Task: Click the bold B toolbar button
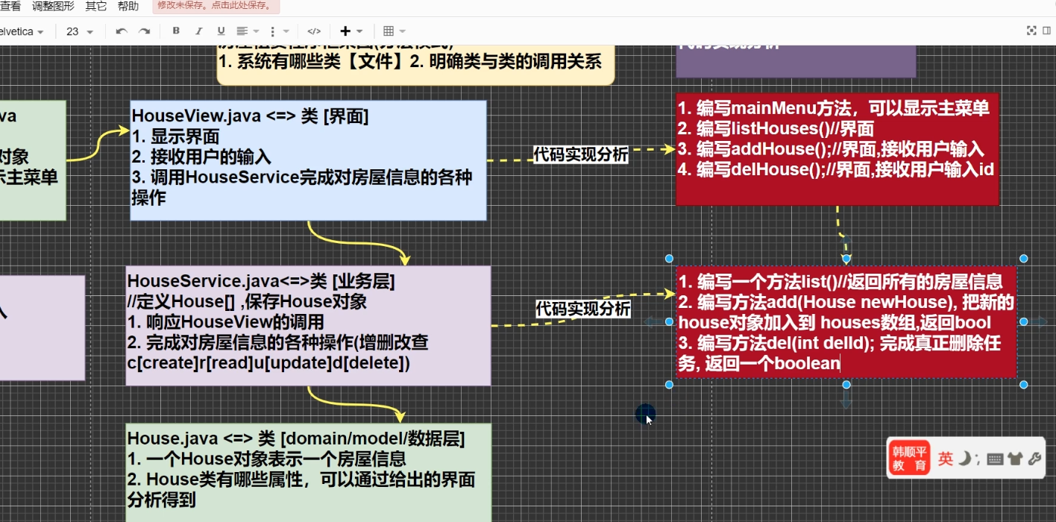click(176, 31)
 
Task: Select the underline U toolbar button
click(221, 31)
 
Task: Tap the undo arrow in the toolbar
click(121, 31)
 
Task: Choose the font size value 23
click(73, 31)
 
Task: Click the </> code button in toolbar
click(314, 31)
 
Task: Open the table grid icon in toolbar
click(389, 31)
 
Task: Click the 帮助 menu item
click(128, 7)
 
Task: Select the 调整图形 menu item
click(53, 7)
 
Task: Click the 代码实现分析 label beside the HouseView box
click(581, 155)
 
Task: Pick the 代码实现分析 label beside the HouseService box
click(583, 309)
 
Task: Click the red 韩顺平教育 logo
click(909, 458)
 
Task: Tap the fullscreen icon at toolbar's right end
click(1031, 31)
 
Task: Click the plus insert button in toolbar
click(345, 31)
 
